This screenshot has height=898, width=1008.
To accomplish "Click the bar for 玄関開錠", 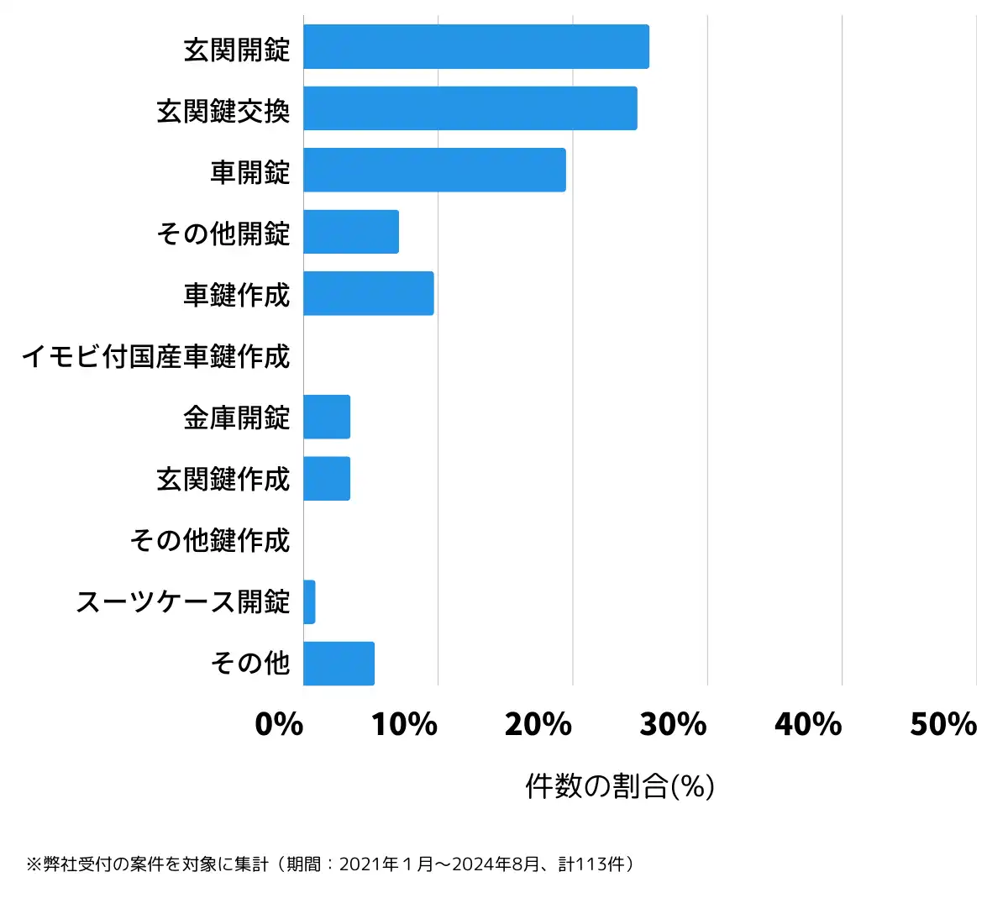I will click(x=475, y=47).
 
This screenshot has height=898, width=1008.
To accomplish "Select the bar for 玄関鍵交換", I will click(x=470, y=108).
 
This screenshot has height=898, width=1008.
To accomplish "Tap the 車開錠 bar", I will click(x=434, y=170).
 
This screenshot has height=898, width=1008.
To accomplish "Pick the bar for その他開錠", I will click(x=351, y=232).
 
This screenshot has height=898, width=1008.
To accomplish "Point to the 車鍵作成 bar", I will click(x=369, y=293).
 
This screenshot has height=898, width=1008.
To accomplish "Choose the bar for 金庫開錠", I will click(x=327, y=417).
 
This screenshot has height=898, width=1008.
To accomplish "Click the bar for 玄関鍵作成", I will click(x=327, y=479).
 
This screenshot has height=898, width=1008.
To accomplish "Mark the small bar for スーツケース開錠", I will click(x=309, y=601).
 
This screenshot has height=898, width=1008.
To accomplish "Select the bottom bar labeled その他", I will click(x=339, y=664).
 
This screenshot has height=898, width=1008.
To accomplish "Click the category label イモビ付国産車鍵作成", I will click(x=156, y=356).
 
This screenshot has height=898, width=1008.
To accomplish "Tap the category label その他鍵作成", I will click(x=210, y=540).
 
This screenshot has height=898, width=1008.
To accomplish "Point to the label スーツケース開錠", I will click(x=183, y=601).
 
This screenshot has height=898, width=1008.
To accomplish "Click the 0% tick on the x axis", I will click(x=279, y=724).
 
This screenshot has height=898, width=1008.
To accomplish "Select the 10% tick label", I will click(x=404, y=724).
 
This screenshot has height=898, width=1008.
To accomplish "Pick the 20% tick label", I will click(x=538, y=724).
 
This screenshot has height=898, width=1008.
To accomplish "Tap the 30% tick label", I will click(x=674, y=724).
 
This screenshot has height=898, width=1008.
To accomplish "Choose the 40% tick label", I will click(x=808, y=724).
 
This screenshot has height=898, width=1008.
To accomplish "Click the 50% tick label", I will click(x=943, y=724).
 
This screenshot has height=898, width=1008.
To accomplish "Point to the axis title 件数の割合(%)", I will click(x=620, y=786).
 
